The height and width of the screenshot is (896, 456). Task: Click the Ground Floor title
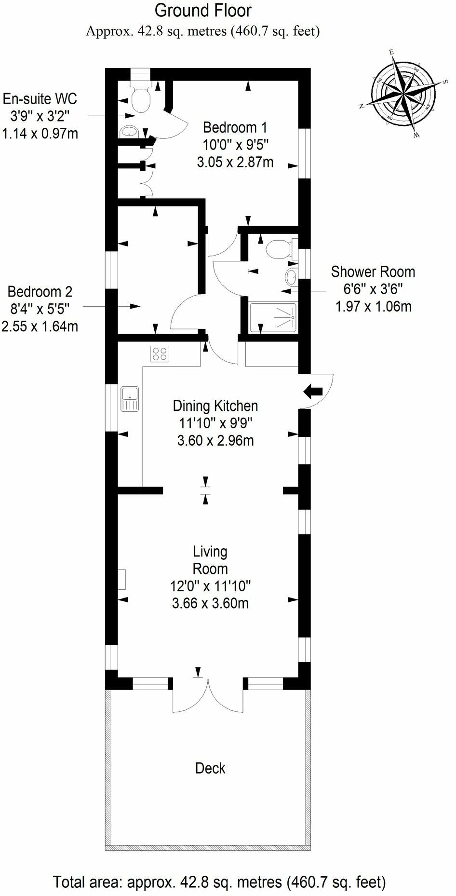203,11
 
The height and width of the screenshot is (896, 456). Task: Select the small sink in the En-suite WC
129,131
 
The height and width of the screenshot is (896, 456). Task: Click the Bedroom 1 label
235,128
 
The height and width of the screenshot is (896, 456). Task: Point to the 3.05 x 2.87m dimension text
235,162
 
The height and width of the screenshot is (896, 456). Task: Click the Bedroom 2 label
40,292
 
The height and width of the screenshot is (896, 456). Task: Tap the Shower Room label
373,272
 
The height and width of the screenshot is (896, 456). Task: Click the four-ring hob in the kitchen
160,354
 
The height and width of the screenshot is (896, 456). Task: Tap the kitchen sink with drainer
130,399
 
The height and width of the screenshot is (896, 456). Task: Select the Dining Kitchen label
215,406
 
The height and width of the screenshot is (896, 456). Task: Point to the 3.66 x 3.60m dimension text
210,603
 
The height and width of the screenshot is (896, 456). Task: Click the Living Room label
210,560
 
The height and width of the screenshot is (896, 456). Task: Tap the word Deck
210,768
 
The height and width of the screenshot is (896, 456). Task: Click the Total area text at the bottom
219,882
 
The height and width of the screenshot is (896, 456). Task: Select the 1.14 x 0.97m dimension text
40,133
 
